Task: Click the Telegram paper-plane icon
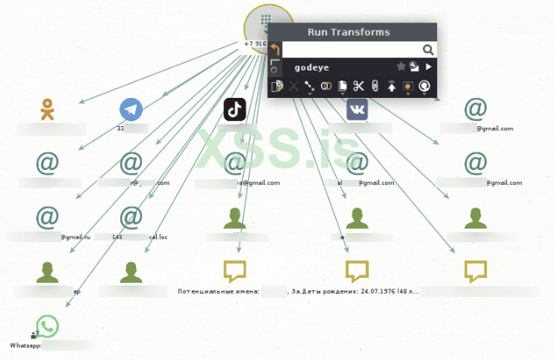tap(131, 109)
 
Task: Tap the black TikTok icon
tap(235, 109)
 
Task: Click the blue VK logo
tap(357, 109)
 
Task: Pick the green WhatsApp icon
tap(47, 327)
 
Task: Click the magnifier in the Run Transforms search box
tap(428, 50)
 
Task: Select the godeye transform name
tap(314, 67)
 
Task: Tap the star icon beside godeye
tap(402, 66)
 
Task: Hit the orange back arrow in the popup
tap(275, 50)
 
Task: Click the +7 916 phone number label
tap(255, 43)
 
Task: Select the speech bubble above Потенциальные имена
tap(236, 271)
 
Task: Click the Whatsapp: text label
tap(25, 344)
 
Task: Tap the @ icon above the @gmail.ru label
tap(47, 217)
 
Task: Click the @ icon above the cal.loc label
tap(131, 217)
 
